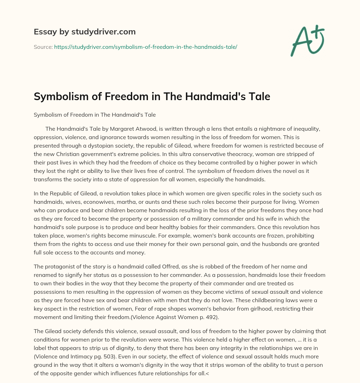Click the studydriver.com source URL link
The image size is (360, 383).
[146, 47]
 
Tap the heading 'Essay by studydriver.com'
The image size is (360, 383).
[85, 32]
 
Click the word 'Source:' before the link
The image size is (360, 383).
[43, 47]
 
